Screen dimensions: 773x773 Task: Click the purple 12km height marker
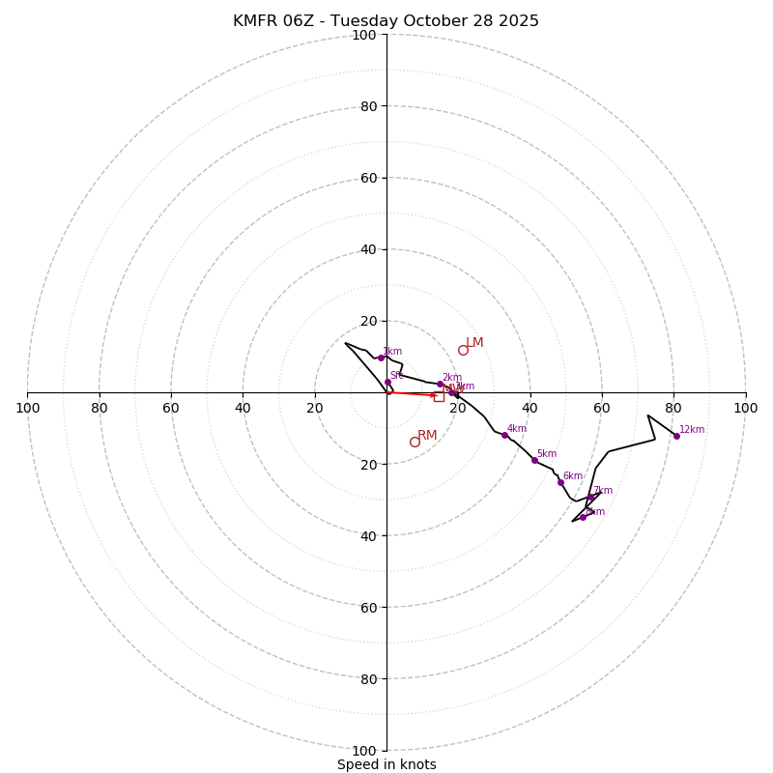point(676,436)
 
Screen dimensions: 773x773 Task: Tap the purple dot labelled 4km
point(504,435)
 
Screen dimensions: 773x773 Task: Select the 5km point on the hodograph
point(534,460)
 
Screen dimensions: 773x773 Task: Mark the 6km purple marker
point(560,482)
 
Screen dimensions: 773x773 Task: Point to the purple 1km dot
point(381,358)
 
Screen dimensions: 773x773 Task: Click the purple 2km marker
point(440,384)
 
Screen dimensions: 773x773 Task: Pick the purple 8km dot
point(583,517)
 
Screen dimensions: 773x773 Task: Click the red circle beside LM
point(463,350)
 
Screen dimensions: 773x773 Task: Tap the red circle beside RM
point(415,442)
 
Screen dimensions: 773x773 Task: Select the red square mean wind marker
point(439,396)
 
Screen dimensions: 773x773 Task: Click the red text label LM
point(474,343)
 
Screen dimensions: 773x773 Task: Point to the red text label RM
point(427,436)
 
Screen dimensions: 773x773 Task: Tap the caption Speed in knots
point(386,764)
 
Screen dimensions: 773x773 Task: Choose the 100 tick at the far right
point(745,408)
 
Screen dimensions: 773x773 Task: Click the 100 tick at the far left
point(28,408)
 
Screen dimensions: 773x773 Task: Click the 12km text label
point(692,430)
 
